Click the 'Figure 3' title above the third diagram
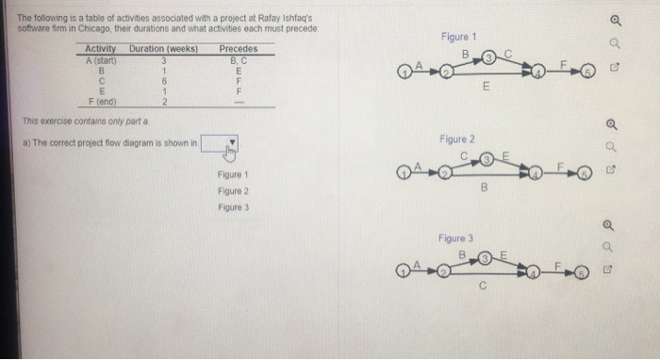(x=455, y=238)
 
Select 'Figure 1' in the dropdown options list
(x=232, y=175)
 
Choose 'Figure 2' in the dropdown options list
(x=232, y=190)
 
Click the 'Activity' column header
(x=101, y=48)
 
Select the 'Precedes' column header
(x=238, y=48)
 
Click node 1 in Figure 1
(x=403, y=69)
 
